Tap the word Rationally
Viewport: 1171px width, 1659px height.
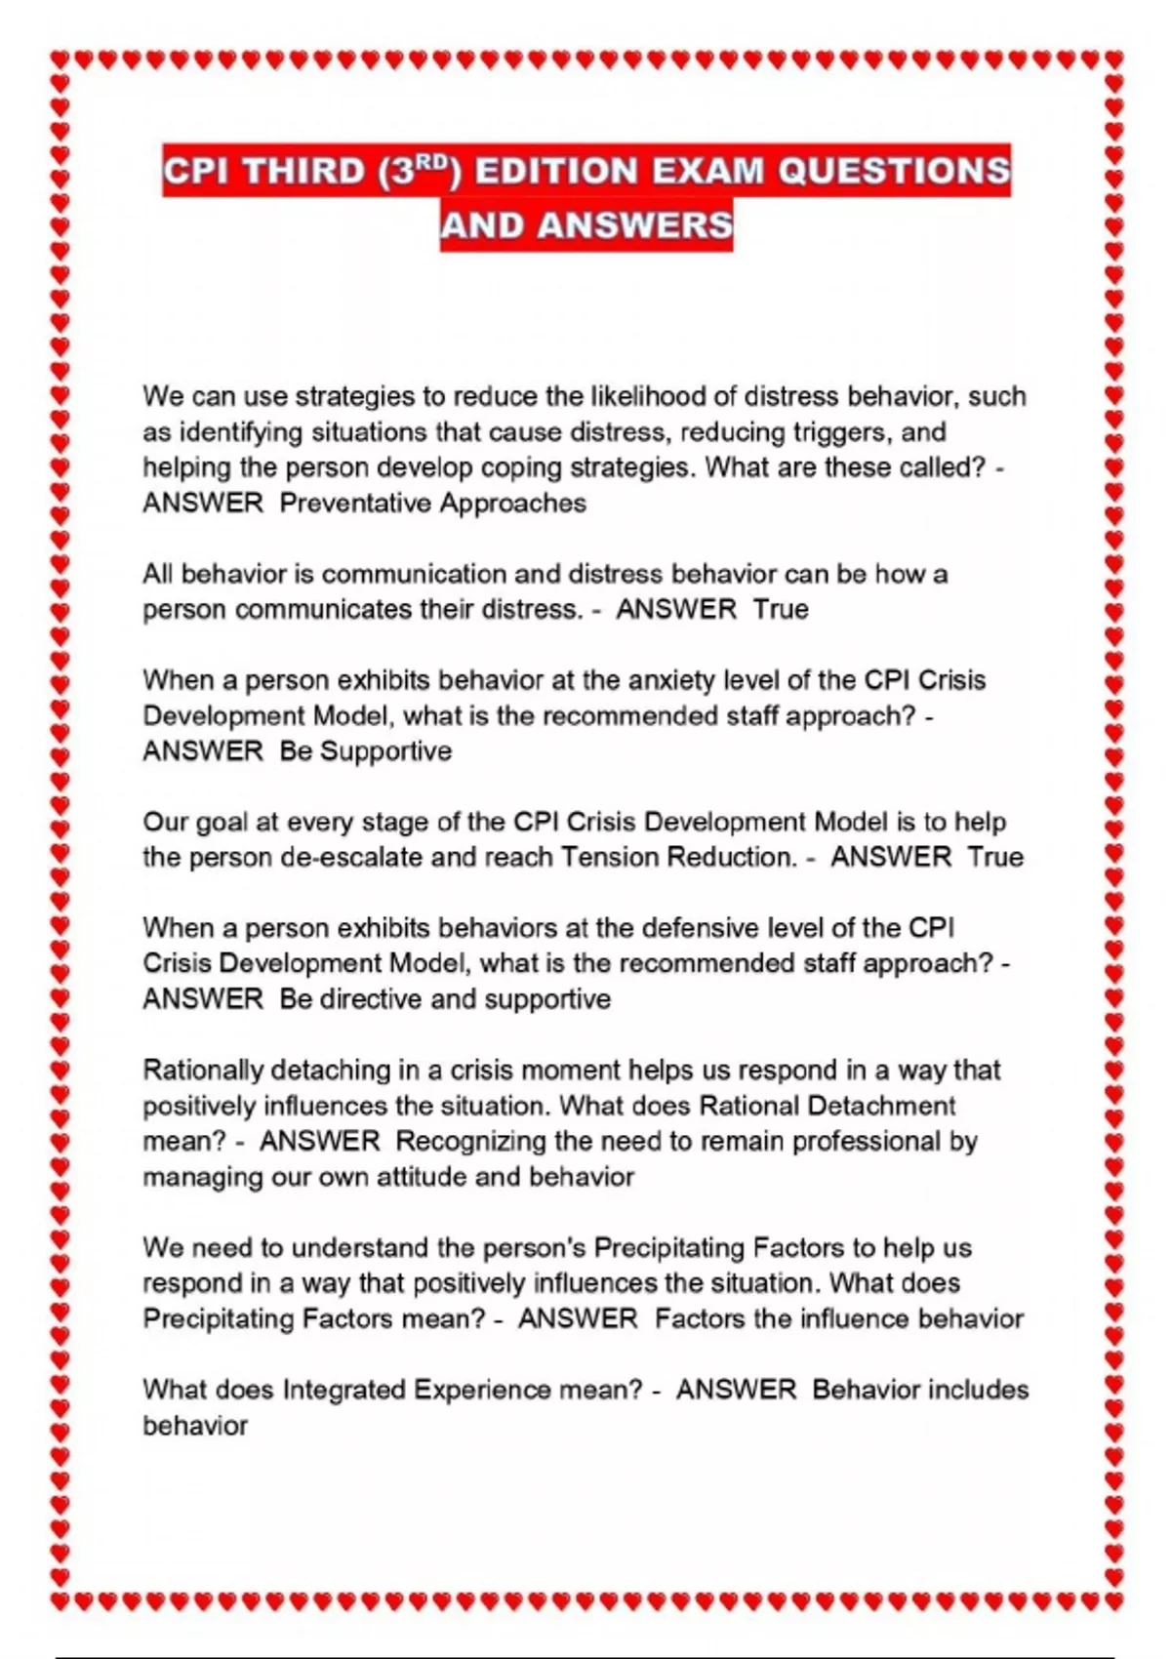click(x=202, y=1071)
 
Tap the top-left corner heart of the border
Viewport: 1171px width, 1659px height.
click(x=60, y=61)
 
